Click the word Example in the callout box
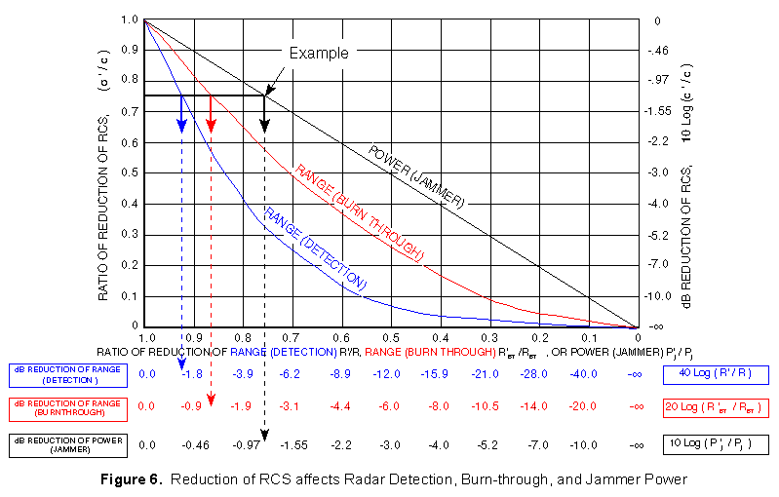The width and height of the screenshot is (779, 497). tap(318, 54)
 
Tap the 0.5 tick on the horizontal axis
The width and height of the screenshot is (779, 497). tap(390, 336)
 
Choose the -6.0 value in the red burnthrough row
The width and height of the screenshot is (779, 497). tap(390, 407)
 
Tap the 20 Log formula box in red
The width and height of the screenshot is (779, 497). tap(715, 407)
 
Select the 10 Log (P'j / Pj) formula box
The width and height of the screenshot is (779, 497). tap(715, 444)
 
